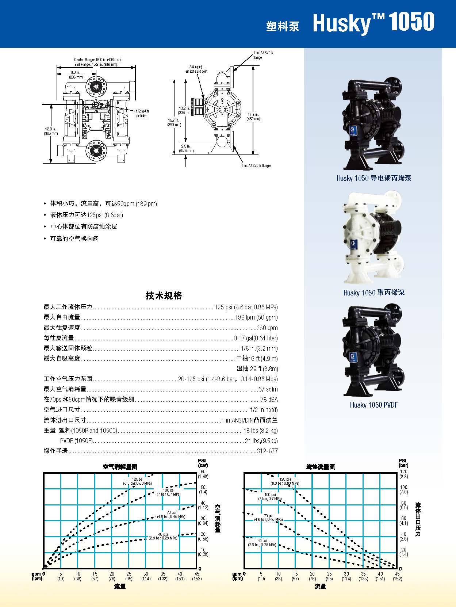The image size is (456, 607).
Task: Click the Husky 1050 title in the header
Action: tap(373, 23)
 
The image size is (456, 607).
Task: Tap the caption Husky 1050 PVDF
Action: tap(373, 405)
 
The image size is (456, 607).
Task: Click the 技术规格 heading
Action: tap(164, 295)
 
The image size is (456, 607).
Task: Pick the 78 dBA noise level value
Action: tap(269, 400)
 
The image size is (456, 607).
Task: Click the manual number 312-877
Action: tap(267, 451)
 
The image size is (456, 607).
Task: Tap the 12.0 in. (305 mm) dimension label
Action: tap(50, 131)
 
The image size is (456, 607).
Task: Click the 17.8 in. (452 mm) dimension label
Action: tap(253, 117)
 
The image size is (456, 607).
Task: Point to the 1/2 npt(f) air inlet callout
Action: tap(142, 113)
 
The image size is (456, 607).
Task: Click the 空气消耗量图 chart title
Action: tap(120, 467)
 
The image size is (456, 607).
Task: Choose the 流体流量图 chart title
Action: tap(320, 467)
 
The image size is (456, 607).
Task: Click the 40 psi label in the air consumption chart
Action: tap(163, 536)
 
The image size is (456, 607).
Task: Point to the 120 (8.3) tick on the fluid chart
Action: tap(403, 474)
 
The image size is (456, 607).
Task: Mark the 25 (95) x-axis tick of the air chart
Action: tap(129, 576)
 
